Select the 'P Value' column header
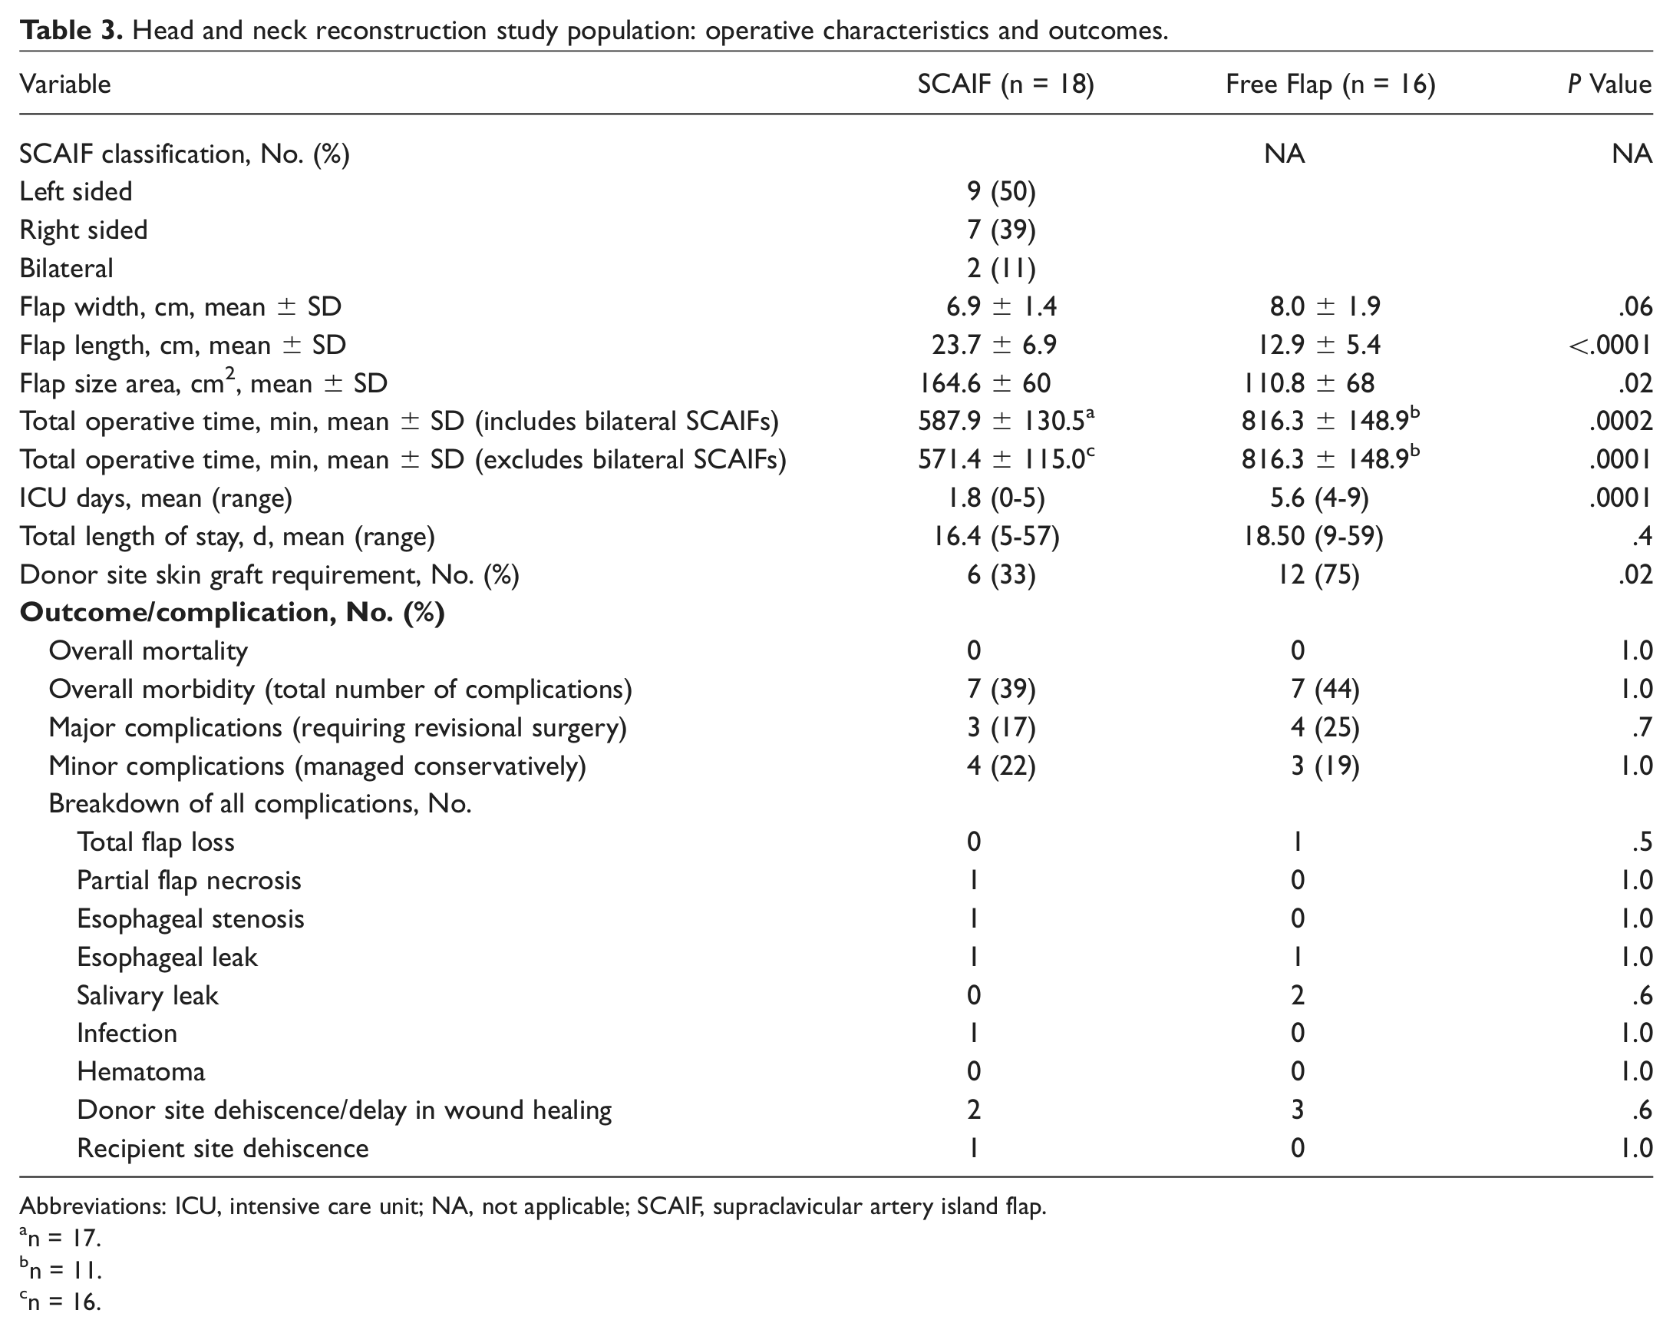click(1609, 84)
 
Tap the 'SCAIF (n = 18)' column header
click(1005, 84)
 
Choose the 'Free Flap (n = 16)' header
click(1330, 84)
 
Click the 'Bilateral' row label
click(66, 268)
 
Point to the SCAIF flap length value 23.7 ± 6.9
click(994, 345)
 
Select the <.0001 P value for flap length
click(1610, 345)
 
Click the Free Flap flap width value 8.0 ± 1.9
click(1325, 306)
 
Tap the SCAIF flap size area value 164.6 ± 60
click(985, 382)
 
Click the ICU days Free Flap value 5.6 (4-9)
click(1319, 498)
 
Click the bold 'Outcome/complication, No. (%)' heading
click(232, 613)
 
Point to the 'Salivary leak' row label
click(147, 995)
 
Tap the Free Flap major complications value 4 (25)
click(1325, 727)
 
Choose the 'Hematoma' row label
click(141, 1071)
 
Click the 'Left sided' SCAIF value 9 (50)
click(1001, 192)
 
